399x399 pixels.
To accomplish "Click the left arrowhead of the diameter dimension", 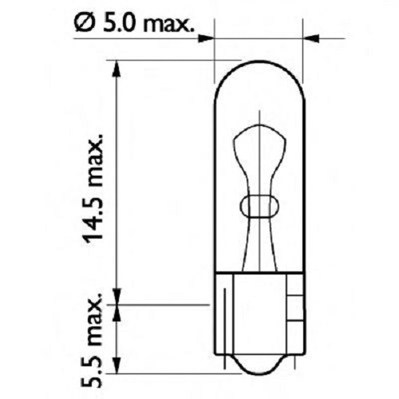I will click(207, 37).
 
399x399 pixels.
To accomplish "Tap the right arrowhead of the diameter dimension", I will click(312, 37).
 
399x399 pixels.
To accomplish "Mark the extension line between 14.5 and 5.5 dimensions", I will click(160, 303).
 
